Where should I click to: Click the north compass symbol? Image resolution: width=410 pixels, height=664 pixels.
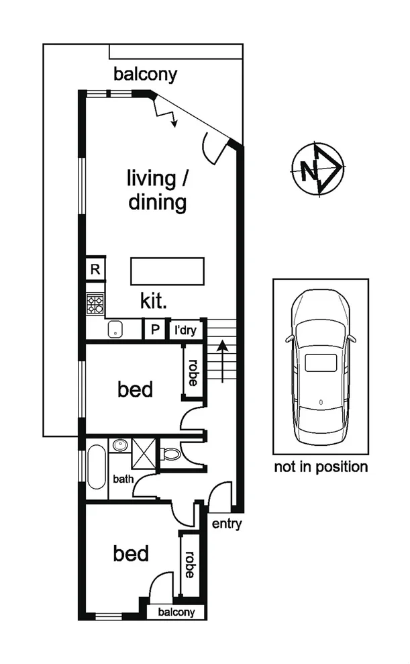[x=318, y=170]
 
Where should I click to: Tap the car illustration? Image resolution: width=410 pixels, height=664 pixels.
[x=320, y=369]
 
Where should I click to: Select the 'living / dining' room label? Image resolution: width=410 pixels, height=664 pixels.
[x=158, y=190]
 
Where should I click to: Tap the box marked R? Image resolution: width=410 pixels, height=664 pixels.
[x=95, y=270]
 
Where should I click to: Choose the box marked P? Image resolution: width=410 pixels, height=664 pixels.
[x=155, y=330]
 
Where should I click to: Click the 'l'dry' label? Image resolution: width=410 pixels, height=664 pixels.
[x=186, y=330]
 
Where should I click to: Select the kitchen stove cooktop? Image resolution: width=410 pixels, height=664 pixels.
[x=95, y=305]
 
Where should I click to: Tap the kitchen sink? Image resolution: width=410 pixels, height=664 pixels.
[x=116, y=330]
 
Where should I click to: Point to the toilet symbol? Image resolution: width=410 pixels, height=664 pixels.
[x=170, y=453]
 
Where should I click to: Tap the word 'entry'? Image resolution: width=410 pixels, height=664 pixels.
[x=226, y=524]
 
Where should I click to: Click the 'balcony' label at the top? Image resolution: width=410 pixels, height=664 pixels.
[x=145, y=74]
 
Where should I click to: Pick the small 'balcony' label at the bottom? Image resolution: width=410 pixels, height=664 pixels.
[x=176, y=612]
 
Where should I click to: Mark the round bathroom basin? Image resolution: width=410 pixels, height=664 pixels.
[x=120, y=446]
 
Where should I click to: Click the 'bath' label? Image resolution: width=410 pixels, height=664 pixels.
[x=123, y=479]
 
